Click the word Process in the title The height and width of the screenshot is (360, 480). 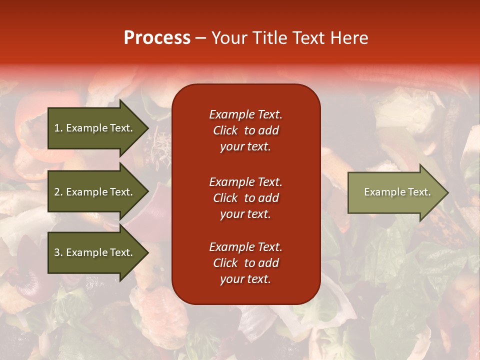(157, 38)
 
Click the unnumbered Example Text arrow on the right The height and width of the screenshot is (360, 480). (395, 192)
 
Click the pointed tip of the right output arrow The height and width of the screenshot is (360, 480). (446, 192)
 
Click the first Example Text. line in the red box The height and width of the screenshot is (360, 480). (245, 114)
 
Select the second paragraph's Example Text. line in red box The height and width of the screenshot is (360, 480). (245, 181)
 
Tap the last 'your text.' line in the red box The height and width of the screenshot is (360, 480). (245, 279)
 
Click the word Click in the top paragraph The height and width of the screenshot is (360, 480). (225, 130)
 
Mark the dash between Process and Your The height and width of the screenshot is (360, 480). (200, 38)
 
